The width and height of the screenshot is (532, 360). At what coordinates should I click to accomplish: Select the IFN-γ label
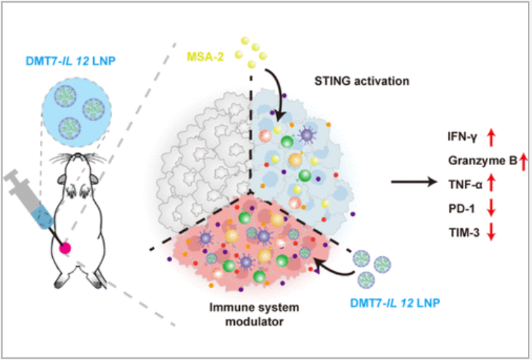tap(463, 138)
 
